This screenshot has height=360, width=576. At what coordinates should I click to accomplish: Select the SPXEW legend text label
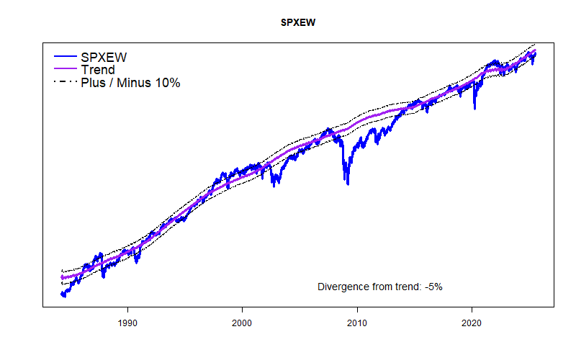(x=108, y=56)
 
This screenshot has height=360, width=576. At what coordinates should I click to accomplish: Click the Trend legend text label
(x=98, y=70)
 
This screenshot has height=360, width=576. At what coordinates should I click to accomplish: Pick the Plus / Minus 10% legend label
(x=130, y=83)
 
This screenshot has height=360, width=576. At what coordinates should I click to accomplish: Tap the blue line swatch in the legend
(x=65, y=56)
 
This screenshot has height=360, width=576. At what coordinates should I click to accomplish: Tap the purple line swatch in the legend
(x=65, y=70)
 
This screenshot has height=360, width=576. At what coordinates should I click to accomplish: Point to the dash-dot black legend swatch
(x=65, y=83)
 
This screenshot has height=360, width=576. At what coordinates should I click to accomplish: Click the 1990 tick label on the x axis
(x=127, y=325)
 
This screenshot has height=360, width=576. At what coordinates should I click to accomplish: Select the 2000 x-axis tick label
(x=243, y=325)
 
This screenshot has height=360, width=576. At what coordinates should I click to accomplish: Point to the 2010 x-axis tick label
(x=357, y=325)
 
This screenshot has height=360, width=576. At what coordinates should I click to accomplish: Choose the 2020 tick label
(x=472, y=325)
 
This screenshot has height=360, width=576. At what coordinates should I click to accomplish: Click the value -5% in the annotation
(x=433, y=287)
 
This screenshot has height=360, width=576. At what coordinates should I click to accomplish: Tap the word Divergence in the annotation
(x=342, y=287)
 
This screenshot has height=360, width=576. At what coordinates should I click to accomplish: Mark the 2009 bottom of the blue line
(x=348, y=184)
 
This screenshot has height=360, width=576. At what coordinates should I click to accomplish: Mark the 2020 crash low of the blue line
(x=474, y=109)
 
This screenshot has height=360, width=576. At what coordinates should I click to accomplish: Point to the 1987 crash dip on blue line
(x=104, y=276)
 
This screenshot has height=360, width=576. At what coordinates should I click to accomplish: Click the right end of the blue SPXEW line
(x=535, y=54)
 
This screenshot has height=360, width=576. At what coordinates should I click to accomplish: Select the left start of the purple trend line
(x=62, y=277)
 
